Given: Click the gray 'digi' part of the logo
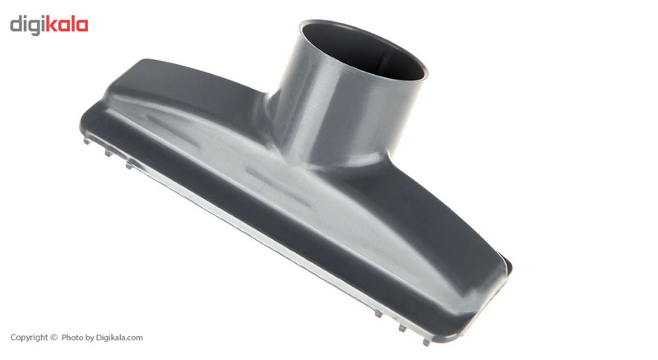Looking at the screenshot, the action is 27,25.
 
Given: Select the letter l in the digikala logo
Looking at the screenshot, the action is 74,24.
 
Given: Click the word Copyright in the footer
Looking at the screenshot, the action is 30,338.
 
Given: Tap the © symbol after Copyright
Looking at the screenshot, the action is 53,337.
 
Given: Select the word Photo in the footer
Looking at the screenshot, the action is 72,337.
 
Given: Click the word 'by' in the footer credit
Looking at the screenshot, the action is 90,338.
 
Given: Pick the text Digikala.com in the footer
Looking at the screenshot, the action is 119,338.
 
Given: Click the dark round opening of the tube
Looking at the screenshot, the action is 364,50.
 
